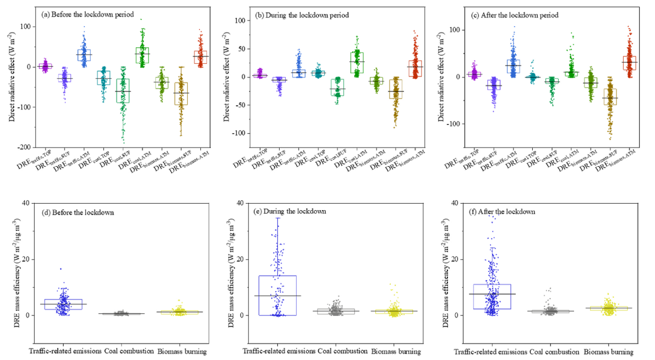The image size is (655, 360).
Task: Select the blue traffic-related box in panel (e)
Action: [x=277, y=295]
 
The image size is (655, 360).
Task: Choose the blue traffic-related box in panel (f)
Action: [x=493, y=297]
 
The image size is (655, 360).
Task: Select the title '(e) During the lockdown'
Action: [x=297, y=211]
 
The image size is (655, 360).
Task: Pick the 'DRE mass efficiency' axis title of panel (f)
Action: [x=447, y=259]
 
